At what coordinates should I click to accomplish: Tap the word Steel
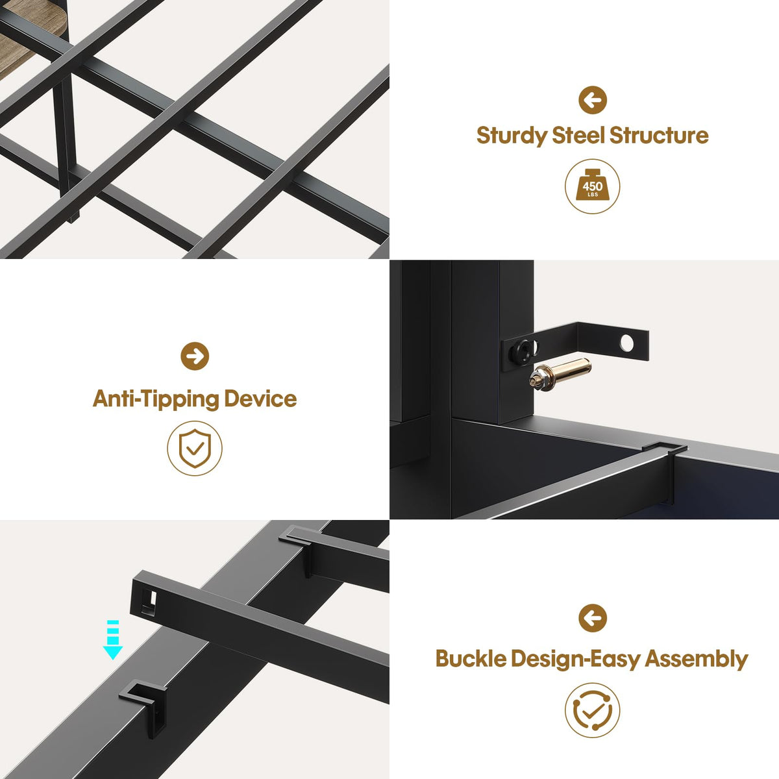pyautogui.click(x=578, y=135)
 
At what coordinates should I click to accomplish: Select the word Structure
pyautogui.click(x=659, y=135)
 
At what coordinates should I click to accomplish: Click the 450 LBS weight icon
pyautogui.click(x=592, y=186)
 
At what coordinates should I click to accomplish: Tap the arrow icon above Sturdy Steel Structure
pyautogui.click(x=593, y=100)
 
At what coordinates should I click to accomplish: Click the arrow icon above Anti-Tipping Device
pyautogui.click(x=195, y=356)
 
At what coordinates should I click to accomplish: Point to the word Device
pyautogui.click(x=261, y=399)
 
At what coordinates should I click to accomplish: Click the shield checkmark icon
pyautogui.click(x=195, y=449)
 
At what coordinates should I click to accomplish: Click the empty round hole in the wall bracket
pyautogui.click(x=627, y=343)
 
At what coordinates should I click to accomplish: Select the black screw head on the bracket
pyautogui.click(x=523, y=352)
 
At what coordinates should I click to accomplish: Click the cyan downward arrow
pyautogui.click(x=112, y=639)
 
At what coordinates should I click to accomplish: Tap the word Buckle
pyautogui.click(x=471, y=660)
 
